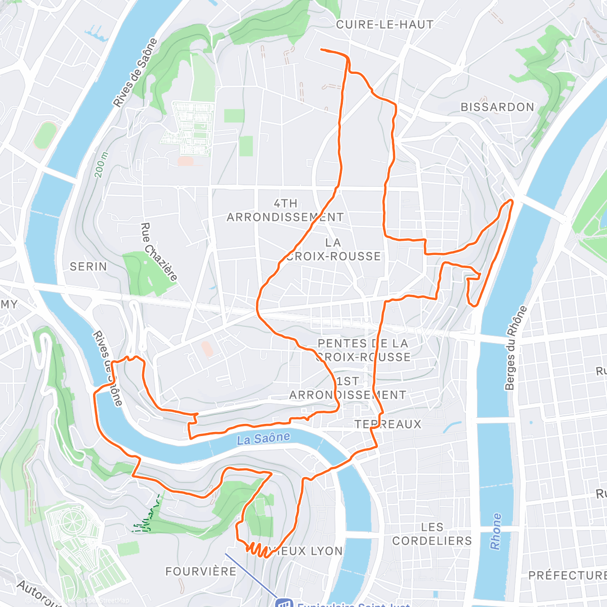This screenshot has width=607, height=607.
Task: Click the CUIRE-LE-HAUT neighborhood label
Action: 384,24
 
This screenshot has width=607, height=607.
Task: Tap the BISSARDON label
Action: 497,107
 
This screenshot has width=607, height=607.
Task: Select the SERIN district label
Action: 89,266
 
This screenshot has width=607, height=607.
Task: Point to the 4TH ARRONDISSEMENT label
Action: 285,210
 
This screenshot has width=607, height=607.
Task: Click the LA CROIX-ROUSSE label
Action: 333,249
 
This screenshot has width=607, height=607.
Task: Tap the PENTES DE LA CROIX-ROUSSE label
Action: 363,350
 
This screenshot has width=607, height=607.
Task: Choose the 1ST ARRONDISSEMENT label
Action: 348,388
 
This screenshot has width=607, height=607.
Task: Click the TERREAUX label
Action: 388,424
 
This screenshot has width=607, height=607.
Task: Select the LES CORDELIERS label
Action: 432,534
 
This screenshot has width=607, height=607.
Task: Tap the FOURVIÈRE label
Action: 201,571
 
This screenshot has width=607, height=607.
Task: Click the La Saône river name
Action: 264,438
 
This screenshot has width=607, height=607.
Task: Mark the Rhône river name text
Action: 496,531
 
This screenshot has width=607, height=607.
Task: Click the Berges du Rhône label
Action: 516,348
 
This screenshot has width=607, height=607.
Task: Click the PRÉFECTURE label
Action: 567,575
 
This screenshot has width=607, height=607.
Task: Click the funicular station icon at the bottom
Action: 284,603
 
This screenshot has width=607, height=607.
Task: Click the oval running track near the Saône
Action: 46,135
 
